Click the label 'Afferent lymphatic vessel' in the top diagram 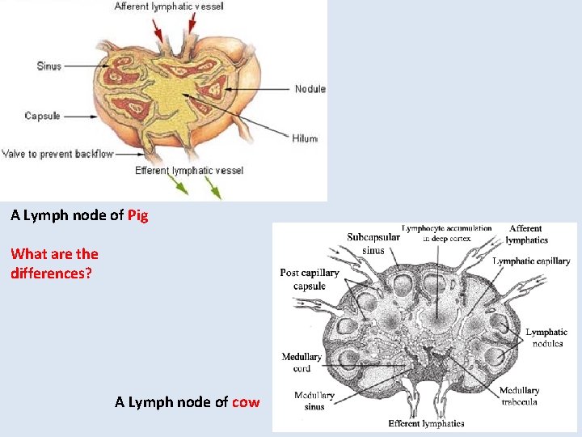click(169, 6)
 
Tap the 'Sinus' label click(49, 66)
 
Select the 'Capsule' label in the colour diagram click(42, 116)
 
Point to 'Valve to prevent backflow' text click(57, 154)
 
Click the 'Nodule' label click(310, 89)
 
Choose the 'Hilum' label click(305, 138)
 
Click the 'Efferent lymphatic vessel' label click(189, 171)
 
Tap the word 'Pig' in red click(137, 215)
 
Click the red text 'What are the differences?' click(54, 263)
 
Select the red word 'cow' click(246, 402)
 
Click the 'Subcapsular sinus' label click(373, 244)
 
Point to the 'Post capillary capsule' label click(310, 279)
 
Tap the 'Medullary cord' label click(302, 363)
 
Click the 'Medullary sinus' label click(314, 401)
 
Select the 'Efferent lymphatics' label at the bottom click(426, 423)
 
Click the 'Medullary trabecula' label click(520, 396)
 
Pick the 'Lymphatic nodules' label click(546, 337)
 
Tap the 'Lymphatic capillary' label click(531, 261)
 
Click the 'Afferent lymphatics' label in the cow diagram click(526, 234)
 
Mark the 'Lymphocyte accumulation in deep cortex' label click(446, 233)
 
